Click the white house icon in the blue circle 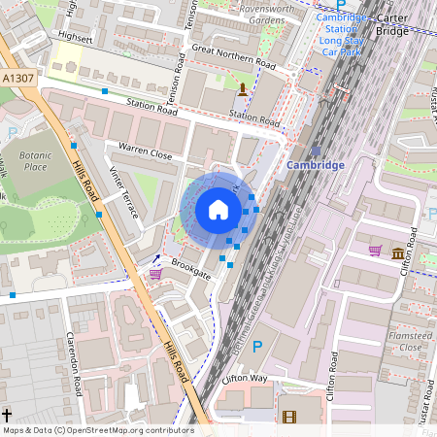218,210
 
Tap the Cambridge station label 316,165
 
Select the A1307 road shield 18,78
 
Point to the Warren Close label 145,152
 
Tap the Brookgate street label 190,270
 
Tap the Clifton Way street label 244,377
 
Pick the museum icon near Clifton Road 398,253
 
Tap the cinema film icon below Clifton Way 288,417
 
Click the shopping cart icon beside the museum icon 375,251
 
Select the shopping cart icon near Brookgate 155,274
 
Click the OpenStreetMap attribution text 97,429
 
